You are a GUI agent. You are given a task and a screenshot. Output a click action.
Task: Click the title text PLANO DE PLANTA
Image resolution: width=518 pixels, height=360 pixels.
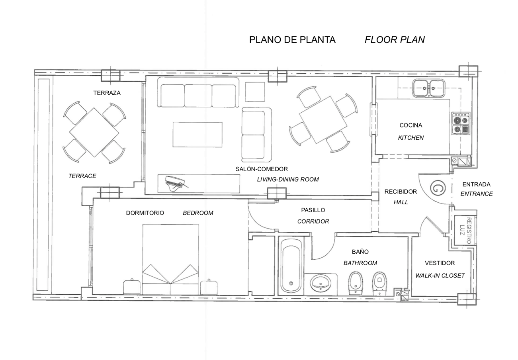point(292,40)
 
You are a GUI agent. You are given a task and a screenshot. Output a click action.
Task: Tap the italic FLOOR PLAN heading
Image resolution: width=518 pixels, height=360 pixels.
point(395,40)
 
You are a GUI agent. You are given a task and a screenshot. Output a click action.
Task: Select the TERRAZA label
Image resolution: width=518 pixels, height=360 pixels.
point(107,93)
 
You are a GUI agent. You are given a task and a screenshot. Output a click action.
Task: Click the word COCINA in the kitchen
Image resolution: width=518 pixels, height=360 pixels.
point(411,125)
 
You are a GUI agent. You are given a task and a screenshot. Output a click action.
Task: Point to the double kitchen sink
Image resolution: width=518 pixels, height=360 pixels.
point(429,88)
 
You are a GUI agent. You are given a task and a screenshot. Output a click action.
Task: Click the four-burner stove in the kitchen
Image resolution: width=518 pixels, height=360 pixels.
point(461,123)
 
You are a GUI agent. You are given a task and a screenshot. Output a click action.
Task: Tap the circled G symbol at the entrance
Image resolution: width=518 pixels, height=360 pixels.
point(438,188)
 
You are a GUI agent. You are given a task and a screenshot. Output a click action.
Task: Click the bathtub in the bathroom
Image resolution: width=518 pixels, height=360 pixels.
point(291,266)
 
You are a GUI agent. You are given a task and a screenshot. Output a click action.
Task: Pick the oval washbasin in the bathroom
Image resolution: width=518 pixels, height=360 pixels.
point(321,284)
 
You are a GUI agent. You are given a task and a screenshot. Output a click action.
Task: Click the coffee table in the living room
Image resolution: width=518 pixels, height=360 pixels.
point(197,135)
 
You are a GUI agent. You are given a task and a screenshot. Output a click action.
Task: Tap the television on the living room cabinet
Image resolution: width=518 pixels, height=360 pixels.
point(176,184)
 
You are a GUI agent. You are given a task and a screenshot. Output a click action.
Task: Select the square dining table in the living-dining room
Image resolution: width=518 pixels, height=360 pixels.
point(323,119)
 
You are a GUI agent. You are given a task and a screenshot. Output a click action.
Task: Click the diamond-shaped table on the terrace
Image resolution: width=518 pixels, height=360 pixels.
point(94,132)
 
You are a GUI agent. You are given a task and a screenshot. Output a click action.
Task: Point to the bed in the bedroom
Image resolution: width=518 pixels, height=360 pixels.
point(171,259)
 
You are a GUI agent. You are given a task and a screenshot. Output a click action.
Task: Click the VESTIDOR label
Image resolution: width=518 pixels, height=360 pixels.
point(440,263)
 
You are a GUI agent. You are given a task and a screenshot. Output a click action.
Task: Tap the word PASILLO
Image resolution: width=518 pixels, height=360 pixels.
point(313,210)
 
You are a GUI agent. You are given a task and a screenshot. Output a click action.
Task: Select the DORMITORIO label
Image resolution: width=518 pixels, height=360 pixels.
point(145,213)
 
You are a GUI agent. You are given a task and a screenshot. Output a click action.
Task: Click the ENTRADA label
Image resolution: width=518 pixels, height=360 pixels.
point(476,184)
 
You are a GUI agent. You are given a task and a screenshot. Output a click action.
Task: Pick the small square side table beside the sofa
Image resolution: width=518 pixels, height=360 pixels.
point(255,92)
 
